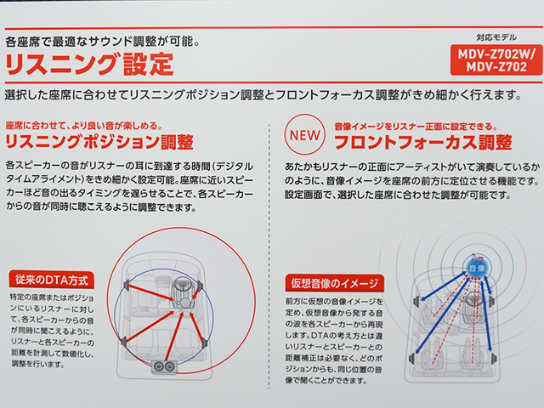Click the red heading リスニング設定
coord(89,64)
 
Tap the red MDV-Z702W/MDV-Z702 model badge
coord(496,60)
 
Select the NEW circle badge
coord(304,134)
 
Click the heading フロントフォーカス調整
coord(423,142)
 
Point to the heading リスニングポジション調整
coord(99,142)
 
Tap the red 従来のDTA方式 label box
coord(51,280)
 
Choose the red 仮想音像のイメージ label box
coord(334,283)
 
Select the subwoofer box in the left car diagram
coord(164,367)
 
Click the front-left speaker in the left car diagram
coord(127,286)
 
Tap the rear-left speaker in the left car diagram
coord(123,341)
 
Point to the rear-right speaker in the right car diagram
coord(495,358)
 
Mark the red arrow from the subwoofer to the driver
coord(173,336)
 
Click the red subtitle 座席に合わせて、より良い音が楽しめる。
coord(84,125)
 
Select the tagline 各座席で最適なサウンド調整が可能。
coord(103,42)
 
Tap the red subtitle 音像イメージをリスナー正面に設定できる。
coord(416,127)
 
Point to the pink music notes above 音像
coord(477,258)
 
